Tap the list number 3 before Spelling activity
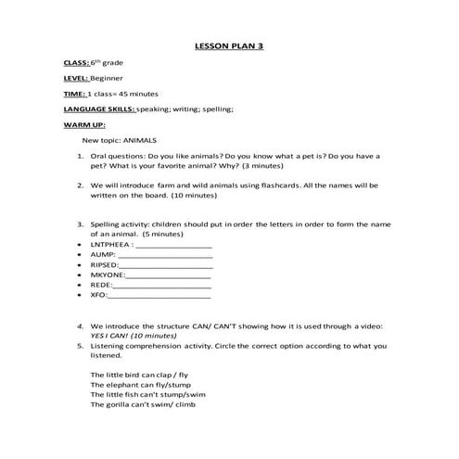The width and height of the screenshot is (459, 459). [x=81, y=223]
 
